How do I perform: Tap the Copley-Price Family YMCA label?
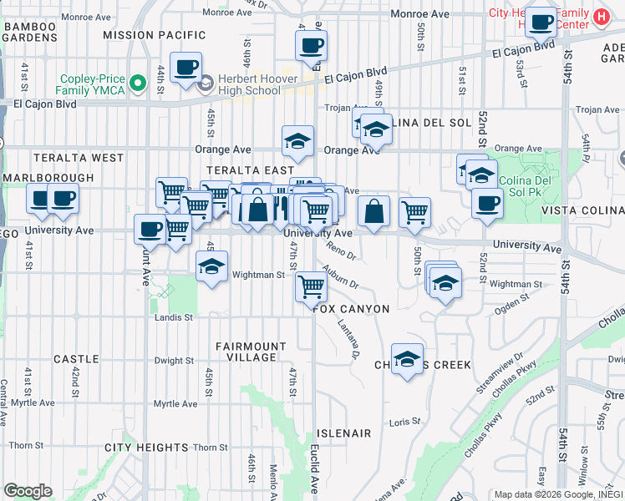point(90,83)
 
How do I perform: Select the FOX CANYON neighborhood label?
point(352,309)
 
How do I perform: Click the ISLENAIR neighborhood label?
point(343,433)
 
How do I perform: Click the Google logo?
point(28,491)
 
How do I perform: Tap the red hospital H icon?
point(599,16)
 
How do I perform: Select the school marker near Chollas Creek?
point(406,360)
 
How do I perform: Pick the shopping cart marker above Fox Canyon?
point(312,286)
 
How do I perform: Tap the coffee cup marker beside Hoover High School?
point(185,67)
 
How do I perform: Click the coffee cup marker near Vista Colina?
point(487,203)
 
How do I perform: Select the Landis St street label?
point(173,317)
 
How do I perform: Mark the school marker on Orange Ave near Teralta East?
point(297,142)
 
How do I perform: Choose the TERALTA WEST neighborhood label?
point(79,157)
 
